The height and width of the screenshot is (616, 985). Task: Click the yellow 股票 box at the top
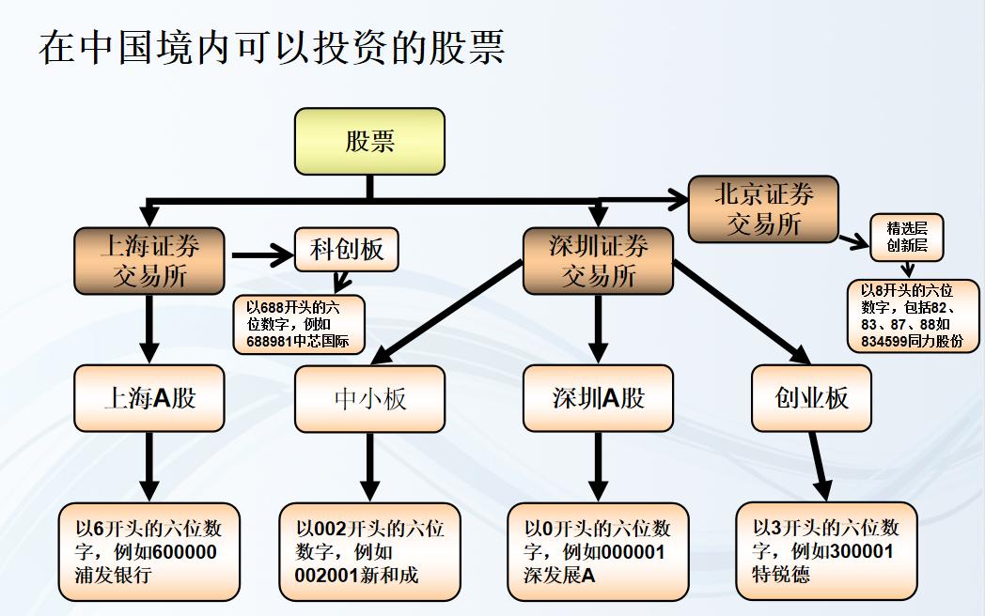(x=368, y=141)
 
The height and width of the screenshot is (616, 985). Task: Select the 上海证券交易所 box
(x=149, y=261)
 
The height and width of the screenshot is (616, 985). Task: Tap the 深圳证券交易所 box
(x=598, y=261)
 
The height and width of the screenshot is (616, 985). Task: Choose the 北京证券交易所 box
(x=763, y=209)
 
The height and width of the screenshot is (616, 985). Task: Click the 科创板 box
(x=346, y=250)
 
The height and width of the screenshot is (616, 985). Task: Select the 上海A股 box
(x=149, y=398)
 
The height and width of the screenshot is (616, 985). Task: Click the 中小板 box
(x=369, y=398)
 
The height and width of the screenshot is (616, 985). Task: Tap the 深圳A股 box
(x=598, y=398)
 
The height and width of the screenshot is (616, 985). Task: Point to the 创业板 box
(x=811, y=398)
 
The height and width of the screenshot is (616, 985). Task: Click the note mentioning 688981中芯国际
(x=298, y=325)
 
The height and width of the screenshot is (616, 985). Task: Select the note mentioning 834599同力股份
(x=913, y=316)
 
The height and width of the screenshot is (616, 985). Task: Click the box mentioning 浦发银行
(x=149, y=551)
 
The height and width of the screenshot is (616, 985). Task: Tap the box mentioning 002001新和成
(x=369, y=551)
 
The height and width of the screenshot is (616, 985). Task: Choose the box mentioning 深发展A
(x=598, y=551)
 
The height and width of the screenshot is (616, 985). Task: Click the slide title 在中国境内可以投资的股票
(x=272, y=46)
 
